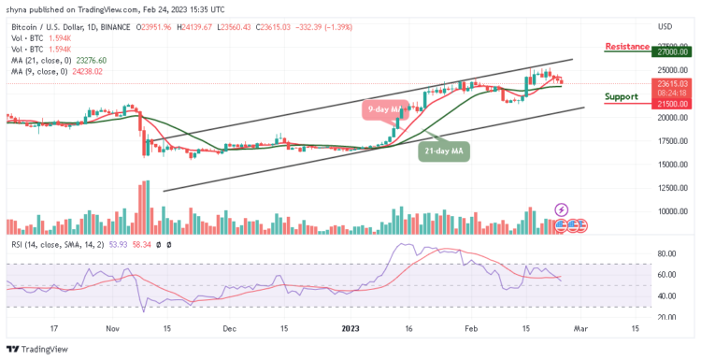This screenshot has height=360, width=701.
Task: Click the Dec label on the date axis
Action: pos(227,329)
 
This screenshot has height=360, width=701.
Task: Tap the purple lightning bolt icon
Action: pos(561,209)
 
